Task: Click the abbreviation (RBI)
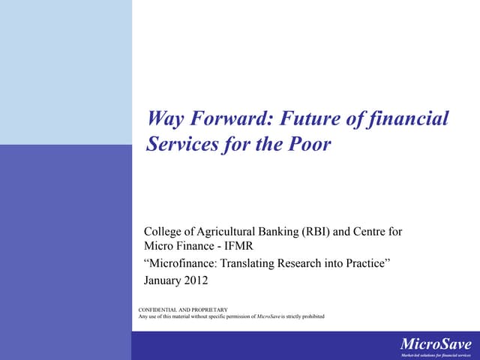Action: point(316,232)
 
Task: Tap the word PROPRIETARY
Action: point(211,310)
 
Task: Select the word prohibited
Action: point(309,316)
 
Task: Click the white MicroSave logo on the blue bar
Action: point(436,343)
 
